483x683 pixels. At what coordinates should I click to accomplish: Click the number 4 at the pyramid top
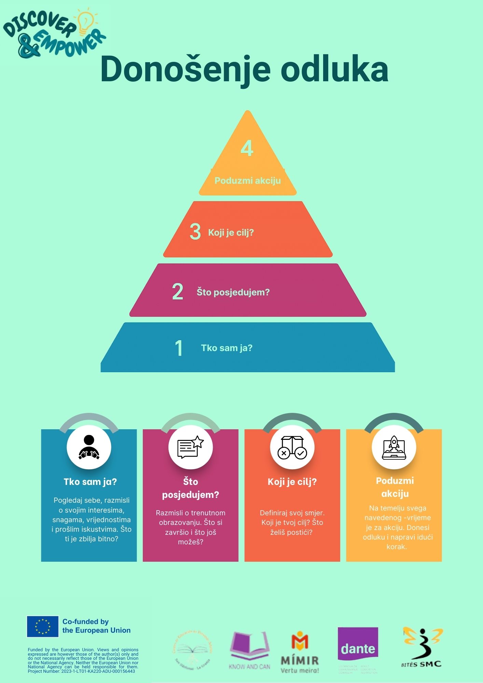point(247,148)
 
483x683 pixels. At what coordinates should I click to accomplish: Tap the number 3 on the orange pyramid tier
point(195,232)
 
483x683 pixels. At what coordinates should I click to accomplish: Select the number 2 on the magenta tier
point(178,292)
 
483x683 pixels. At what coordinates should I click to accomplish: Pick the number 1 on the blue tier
point(179,348)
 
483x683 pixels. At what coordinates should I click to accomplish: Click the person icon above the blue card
point(89,447)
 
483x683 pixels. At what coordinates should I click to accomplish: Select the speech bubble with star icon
point(191,447)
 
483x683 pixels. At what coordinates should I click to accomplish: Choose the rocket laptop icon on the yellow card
point(394,447)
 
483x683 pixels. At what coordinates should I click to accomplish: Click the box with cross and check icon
point(292,447)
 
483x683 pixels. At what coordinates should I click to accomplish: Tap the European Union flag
point(43,626)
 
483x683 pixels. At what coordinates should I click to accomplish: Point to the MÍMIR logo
point(300,652)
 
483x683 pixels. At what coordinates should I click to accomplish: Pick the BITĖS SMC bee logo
point(422,647)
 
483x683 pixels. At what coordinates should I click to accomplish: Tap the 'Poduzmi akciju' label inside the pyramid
point(248,181)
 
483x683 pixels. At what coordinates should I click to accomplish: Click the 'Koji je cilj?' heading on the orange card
point(292,482)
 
